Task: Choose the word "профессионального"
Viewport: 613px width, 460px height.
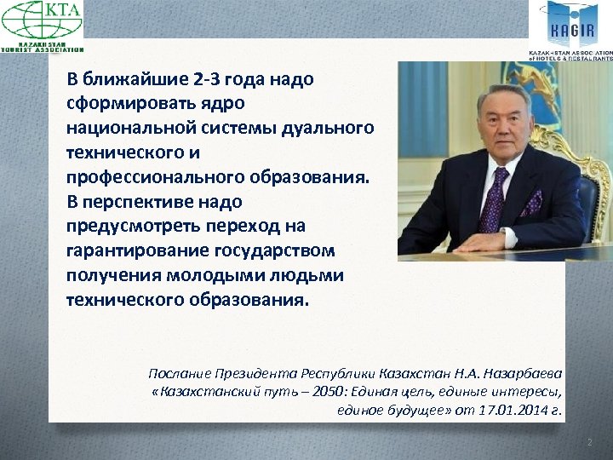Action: point(157,178)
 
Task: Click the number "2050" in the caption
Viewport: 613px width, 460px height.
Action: point(307,392)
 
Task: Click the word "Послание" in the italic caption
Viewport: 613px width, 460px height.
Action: point(176,373)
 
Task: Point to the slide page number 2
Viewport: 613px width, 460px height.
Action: point(587,442)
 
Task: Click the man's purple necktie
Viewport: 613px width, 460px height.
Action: point(493,199)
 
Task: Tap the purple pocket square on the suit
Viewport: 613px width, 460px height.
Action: point(533,203)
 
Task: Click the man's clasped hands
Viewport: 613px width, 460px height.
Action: point(482,243)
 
